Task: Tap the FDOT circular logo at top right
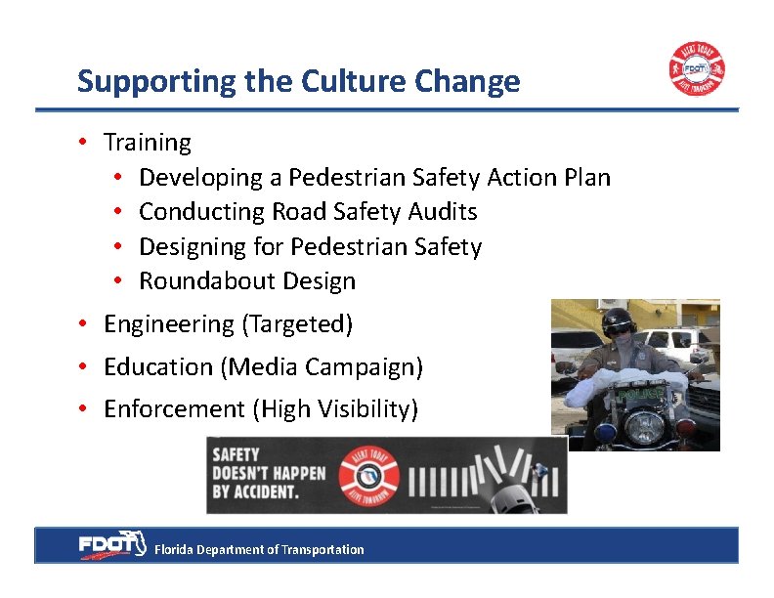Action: pyautogui.click(x=696, y=68)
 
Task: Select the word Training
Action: pyautogui.click(x=148, y=143)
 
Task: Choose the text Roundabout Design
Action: pyautogui.click(x=247, y=281)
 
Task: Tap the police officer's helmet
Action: pyautogui.click(x=620, y=322)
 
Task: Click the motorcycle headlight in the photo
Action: pyautogui.click(x=644, y=427)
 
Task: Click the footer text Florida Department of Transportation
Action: pyautogui.click(x=259, y=550)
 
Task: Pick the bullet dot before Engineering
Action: pyautogui.click(x=86, y=324)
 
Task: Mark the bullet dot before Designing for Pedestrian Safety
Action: pyautogui.click(x=116, y=247)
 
